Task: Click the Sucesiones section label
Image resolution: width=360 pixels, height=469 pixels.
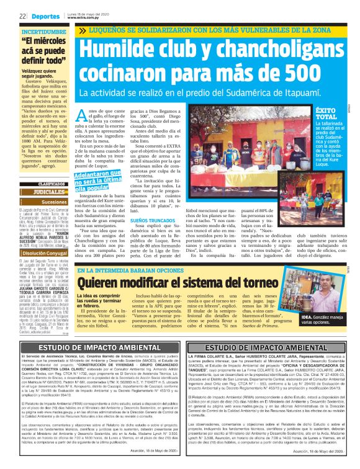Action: click(x=54, y=202)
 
